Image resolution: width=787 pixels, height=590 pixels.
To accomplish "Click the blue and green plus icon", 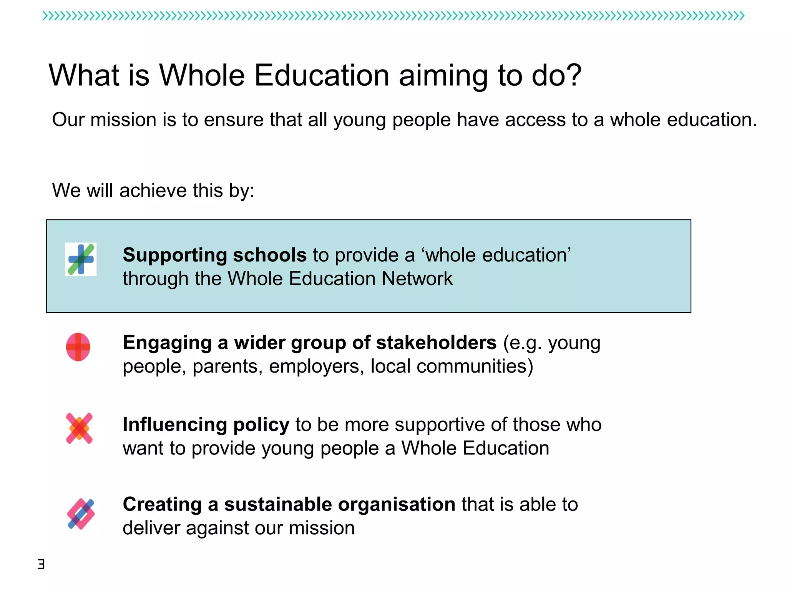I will pyautogui.click(x=81, y=259).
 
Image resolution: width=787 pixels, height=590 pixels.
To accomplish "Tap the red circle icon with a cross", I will pyautogui.click(x=78, y=347).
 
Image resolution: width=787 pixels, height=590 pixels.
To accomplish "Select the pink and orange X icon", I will pyautogui.click(x=79, y=428).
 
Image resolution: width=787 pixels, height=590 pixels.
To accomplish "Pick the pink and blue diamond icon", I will pyautogui.click(x=81, y=514).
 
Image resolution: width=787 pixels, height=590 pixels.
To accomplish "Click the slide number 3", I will pyautogui.click(x=41, y=564).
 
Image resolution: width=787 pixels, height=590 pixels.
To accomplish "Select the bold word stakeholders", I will pyautogui.click(x=436, y=343).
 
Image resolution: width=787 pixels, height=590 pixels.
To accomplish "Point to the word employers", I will pyautogui.click(x=316, y=366).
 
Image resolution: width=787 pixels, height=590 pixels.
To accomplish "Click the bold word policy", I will pyautogui.click(x=261, y=425).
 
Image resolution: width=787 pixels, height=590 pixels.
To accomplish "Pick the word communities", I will pyautogui.click(x=475, y=366).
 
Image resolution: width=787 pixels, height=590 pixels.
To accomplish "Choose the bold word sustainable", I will pyautogui.click(x=278, y=504).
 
